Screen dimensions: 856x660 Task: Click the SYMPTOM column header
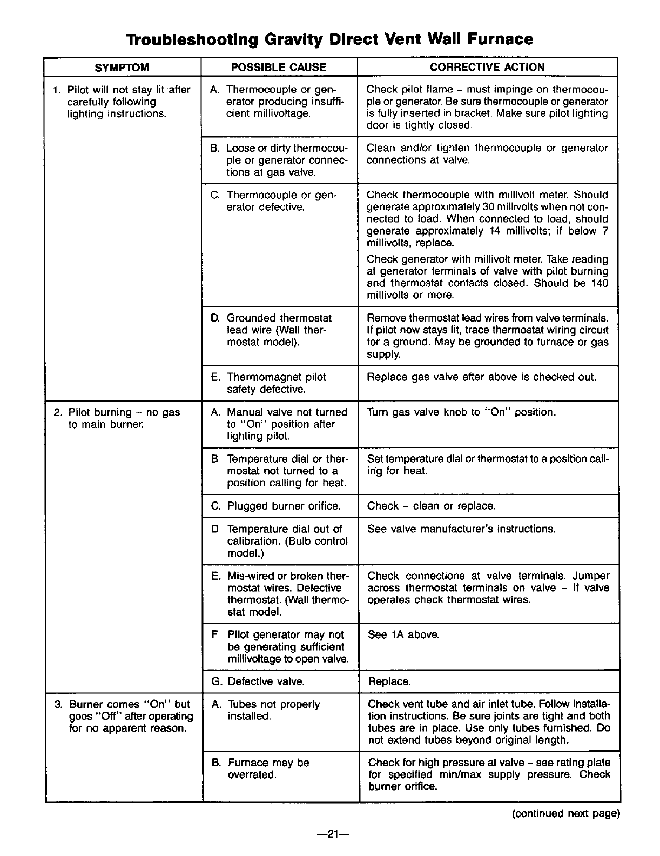(x=122, y=68)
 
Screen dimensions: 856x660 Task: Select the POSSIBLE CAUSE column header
(x=278, y=68)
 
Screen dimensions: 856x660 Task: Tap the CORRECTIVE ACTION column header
(x=487, y=68)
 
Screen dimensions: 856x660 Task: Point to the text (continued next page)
(x=565, y=814)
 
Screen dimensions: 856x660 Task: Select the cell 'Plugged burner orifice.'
(x=284, y=506)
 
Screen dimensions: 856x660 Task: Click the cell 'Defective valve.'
(x=266, y=681)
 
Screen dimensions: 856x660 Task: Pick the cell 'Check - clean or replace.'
(x=431, y=506)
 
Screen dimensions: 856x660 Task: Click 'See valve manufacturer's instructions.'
(x=461, y=529)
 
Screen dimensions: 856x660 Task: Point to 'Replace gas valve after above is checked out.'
(x=481, y=377)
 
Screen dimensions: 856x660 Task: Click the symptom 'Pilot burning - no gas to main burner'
(x=124, y=418)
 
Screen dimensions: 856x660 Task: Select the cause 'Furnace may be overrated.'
(x=268, y=768)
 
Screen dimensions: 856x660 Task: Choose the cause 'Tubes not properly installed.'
(x=273, y=710)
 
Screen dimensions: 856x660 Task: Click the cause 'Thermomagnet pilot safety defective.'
(x=276, y=383)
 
